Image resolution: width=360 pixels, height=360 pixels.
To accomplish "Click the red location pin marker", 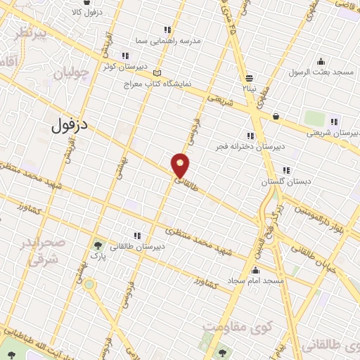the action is pos(181,165).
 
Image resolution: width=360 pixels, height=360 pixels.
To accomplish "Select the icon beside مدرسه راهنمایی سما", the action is pos(167,30).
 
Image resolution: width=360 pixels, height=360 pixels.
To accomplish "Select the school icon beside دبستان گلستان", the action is pos(285,170).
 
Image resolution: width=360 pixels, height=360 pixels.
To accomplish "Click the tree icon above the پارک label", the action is pos(98,247).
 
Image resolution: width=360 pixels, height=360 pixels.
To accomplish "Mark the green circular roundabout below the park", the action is pos(89,285).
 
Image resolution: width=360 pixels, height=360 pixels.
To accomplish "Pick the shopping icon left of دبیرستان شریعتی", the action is pos(276,117).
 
